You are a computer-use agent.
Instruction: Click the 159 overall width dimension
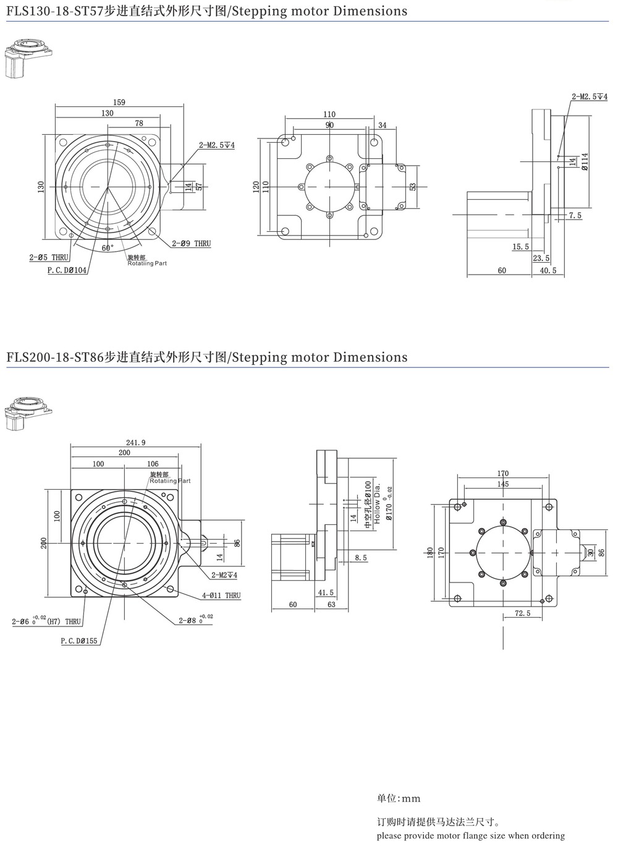(x=119, y=102)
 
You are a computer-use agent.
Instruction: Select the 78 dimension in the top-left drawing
(x=139, y=124)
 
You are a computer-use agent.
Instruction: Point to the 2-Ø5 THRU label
(x=49, y=257)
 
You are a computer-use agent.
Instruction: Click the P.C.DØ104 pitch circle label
(x=67, y=271)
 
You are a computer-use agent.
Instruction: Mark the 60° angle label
(x=108, y=247)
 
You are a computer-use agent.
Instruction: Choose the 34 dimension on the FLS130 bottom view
(x=382, y=125)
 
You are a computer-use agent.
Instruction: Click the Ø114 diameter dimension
(x=583, y=161)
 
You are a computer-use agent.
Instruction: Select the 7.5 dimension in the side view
(x=575, y=215)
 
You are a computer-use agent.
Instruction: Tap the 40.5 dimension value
(x=548, y=270)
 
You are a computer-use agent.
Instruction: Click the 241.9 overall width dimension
(x=135, y=442)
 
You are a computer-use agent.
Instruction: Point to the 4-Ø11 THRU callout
(x=221, y=596)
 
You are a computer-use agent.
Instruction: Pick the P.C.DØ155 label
(x=79, y=641)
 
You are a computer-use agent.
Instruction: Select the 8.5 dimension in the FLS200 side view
(x=360, y=558)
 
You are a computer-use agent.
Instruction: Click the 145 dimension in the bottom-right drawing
(x=502, y=484)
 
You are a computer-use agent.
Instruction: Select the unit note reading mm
(x=399, y=798)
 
